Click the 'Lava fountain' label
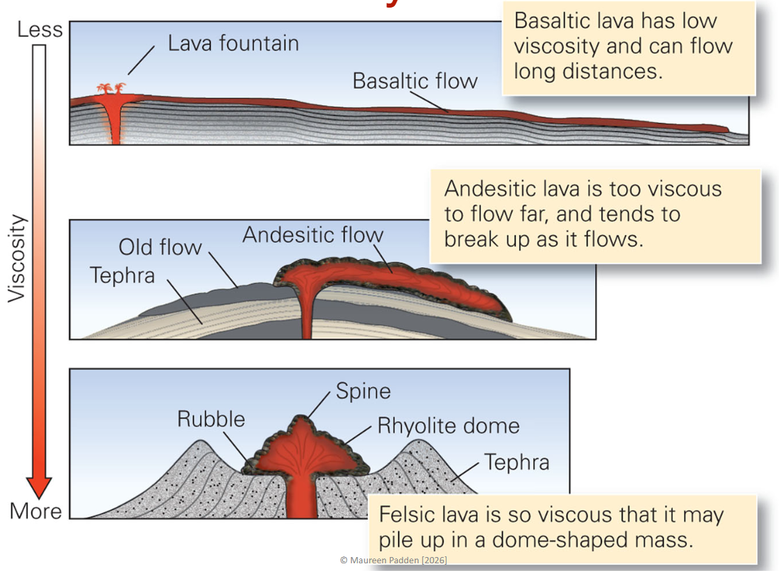(x=233, y=44)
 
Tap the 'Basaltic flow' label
(x=414, y=81)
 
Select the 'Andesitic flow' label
(x=312, y=234)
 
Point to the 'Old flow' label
(x=160, y=248)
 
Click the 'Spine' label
(x=363, y=391)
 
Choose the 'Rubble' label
(x=211, y=419)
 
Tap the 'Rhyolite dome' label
(x=448, y=425)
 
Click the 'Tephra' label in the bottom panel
(x=517, y=462)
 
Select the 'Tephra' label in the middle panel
(x=122, y=275)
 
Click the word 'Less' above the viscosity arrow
(x=40, y=30)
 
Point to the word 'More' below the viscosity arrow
(x=35, y=512)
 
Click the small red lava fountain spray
(x=111, y=89)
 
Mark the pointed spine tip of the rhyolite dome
(x=301, y=418)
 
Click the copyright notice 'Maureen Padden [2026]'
(x=394, y=560)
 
